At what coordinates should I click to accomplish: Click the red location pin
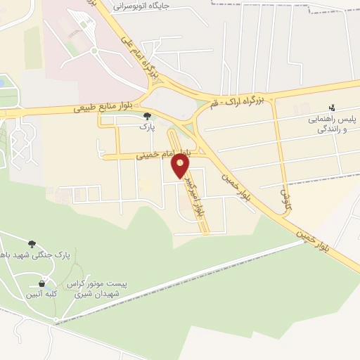pyautogui.click(x=181, y=166)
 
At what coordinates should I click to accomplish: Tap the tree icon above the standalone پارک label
pyautogui.click(x=146, y=117)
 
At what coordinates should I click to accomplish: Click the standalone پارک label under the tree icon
pyautogui.click(x=146, y=128)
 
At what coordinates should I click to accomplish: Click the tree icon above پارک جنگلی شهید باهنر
pyautogui.click(x=32, y=244)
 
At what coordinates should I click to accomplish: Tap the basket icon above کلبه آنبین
pyautogui.click(x=41, y=283)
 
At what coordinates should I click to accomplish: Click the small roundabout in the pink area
pyautogui.click(x=94, y=51)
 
